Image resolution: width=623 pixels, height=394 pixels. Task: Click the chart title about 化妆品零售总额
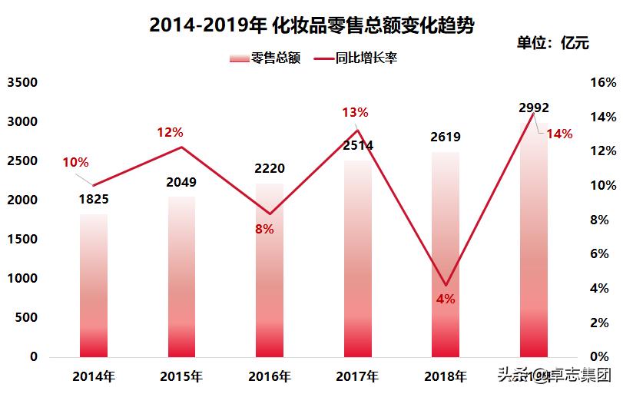[311, 25]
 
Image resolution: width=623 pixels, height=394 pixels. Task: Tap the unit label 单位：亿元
[552, 43]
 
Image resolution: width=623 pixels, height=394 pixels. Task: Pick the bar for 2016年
[270, 270]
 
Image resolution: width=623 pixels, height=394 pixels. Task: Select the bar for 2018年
[446, 254]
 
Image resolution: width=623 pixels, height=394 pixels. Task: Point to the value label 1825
[94, 200]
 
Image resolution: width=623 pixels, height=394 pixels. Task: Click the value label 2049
[181, 182]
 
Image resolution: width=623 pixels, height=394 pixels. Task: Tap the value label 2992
[533, 108]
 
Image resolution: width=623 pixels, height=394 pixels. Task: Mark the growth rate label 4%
[446, 300]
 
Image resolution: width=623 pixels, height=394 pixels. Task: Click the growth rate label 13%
[355, 112]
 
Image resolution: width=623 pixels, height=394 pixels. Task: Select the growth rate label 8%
[264, 229]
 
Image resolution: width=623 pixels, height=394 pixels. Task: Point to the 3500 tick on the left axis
[22, 82]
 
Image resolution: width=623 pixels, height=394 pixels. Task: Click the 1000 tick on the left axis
[22, 278]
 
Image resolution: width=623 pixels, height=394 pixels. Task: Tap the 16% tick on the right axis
[603, 82]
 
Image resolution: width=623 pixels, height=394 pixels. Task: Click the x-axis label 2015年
[181, 376]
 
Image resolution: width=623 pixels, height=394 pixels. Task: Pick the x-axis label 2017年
[357, 376]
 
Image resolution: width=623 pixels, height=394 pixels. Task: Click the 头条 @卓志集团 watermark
[553, 376]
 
